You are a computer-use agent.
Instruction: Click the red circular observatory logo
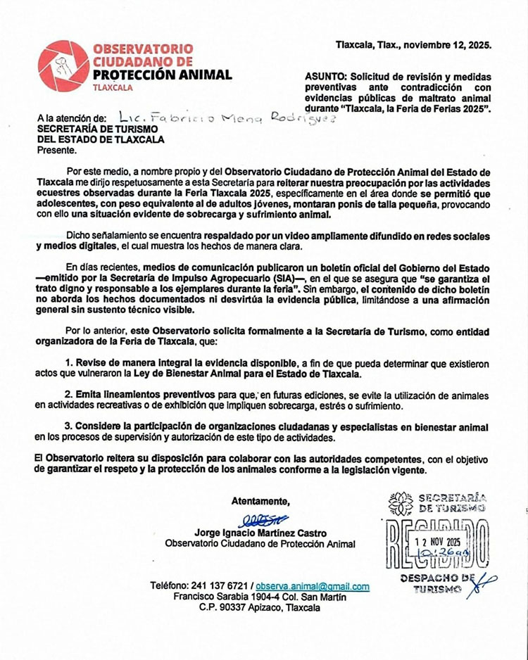63,66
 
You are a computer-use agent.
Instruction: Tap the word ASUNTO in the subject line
325,77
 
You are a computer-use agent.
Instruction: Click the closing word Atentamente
260,501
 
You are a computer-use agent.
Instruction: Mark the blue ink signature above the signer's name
262,519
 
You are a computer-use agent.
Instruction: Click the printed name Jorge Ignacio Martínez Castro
260,532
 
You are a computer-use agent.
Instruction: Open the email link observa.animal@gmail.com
313,586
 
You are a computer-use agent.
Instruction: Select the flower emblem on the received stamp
401,503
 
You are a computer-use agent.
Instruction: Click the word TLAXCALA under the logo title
113,89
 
